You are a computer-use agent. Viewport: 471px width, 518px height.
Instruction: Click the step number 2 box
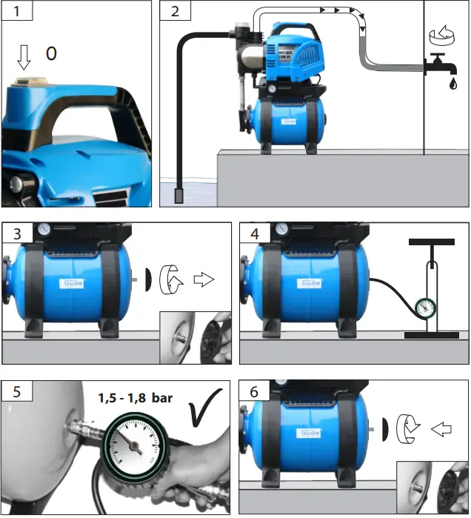175,13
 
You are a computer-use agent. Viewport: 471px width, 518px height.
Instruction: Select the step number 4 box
255,233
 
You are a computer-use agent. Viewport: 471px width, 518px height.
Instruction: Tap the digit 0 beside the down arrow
50,53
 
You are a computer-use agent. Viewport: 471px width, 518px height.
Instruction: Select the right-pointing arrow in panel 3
202,281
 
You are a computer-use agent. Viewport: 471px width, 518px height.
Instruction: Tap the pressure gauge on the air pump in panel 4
425,307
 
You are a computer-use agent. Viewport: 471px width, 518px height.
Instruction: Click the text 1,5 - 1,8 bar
136,398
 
